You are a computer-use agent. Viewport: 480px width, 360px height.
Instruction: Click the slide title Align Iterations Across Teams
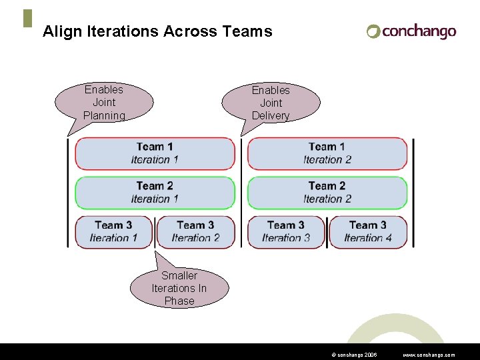(x=157, y=31)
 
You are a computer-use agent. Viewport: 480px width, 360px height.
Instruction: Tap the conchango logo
(x=411, y=31)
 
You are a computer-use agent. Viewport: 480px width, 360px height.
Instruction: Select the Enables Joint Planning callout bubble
(x=104, y=103)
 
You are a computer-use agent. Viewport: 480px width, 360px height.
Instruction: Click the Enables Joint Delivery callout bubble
(x=271, y=103)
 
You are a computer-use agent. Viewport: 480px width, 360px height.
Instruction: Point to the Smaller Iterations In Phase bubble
(x=179, y=288)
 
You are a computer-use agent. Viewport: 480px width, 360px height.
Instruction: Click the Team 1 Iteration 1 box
(x=155, y=153)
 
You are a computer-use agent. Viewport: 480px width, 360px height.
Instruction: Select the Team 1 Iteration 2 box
(x=327, y=153)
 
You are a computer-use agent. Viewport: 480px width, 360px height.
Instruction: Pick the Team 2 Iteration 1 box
(x=155, y=193)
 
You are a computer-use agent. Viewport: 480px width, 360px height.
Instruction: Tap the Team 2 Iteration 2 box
(x=327, y=193)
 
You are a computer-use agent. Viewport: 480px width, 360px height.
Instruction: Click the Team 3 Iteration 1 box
(x=113, y=232)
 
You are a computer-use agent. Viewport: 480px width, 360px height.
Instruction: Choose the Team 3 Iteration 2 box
(x=195, y=232)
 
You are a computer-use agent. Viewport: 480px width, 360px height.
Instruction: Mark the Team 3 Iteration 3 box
(x=286, y=232)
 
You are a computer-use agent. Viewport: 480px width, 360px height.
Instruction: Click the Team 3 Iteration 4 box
(x=368, y=232)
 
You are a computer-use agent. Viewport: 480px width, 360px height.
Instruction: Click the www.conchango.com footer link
(x=429, y=355)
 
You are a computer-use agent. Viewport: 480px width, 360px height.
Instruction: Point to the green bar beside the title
(x=27, y=19)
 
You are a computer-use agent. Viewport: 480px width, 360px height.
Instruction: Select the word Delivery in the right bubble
(x=271, y=115)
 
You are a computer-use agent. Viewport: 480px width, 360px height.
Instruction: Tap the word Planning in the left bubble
(x=104, y=115)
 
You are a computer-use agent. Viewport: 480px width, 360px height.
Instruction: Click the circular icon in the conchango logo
(x=373, y=31)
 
